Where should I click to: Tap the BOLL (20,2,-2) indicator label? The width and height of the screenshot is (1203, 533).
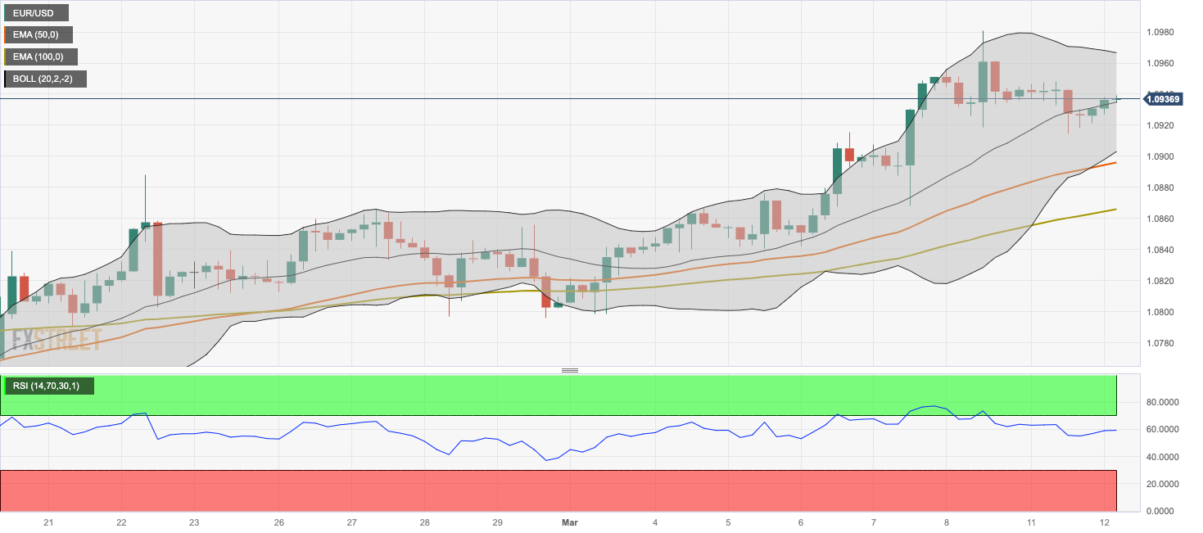pyautogui.click(x=45, y=79)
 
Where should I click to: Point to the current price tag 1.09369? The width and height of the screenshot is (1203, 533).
pyautogui.click(x=1163, y=99)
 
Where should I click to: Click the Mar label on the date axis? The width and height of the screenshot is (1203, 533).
pyautogui.click(x=571, y=522)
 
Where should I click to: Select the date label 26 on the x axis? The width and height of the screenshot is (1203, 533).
pyautogui.click(x=279, y=522)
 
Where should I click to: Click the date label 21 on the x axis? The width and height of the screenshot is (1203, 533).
pyautogui.click(x=48, y=522)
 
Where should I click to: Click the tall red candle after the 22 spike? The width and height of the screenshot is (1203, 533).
pyautogui.click(x=157, y=258)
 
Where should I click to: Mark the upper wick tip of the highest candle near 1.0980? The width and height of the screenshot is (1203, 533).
pyautogui.click(x=983, y=31)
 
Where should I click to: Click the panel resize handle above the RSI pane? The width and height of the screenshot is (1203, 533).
pyautogui.click(x=570, y=371)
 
